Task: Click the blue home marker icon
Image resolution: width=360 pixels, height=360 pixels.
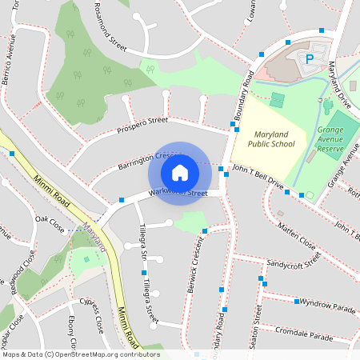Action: (180, 172)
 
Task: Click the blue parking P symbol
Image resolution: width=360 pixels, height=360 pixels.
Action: (308, 59)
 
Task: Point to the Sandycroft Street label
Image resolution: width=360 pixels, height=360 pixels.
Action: (294, 260)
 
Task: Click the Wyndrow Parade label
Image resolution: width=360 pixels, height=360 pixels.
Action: (327, 306)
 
